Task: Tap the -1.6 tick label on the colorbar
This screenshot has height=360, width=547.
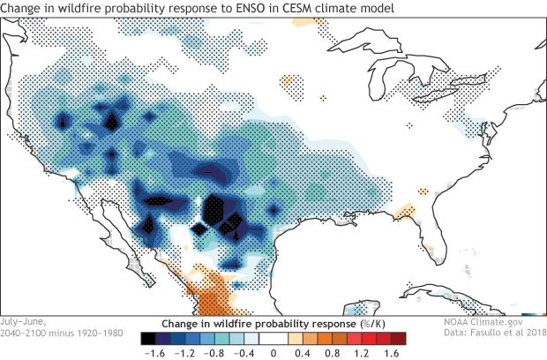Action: [x=151, y=352]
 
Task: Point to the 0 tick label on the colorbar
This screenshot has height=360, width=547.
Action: [x=273, y=352]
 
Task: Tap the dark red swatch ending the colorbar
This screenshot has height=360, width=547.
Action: [x=399, y=337]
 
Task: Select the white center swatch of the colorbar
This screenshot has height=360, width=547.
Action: [x=273, y=337]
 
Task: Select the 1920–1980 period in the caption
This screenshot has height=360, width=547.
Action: [x=86, y=334]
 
